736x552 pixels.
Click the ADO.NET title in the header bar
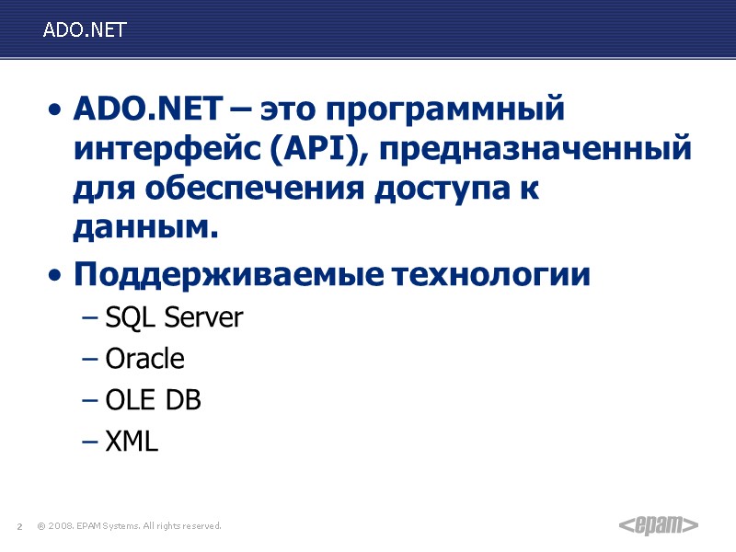pyautogui.click(x=84, y=29)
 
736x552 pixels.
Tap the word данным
pyautogui.click(x=145, y=228)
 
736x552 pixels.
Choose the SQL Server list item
pyautogui.click(x=174, y=318)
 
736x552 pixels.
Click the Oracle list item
pyautogui.click(x=144, y=359)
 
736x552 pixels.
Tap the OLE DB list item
pyautogui.click(x=153, y=400)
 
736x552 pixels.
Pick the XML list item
pyautogui.click(x=132, y=442)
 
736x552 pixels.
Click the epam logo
pyautogui.click(x=657, y=525)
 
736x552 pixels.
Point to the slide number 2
pyautogui.click(x=19, y=526)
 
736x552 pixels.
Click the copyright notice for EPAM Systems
pyautogui.click(x=130, y=526)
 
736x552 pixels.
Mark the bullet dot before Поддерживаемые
pyautogui.click(x=58, y=277)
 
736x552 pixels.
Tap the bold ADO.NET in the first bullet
pyautogui.click(x=146, y=111)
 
